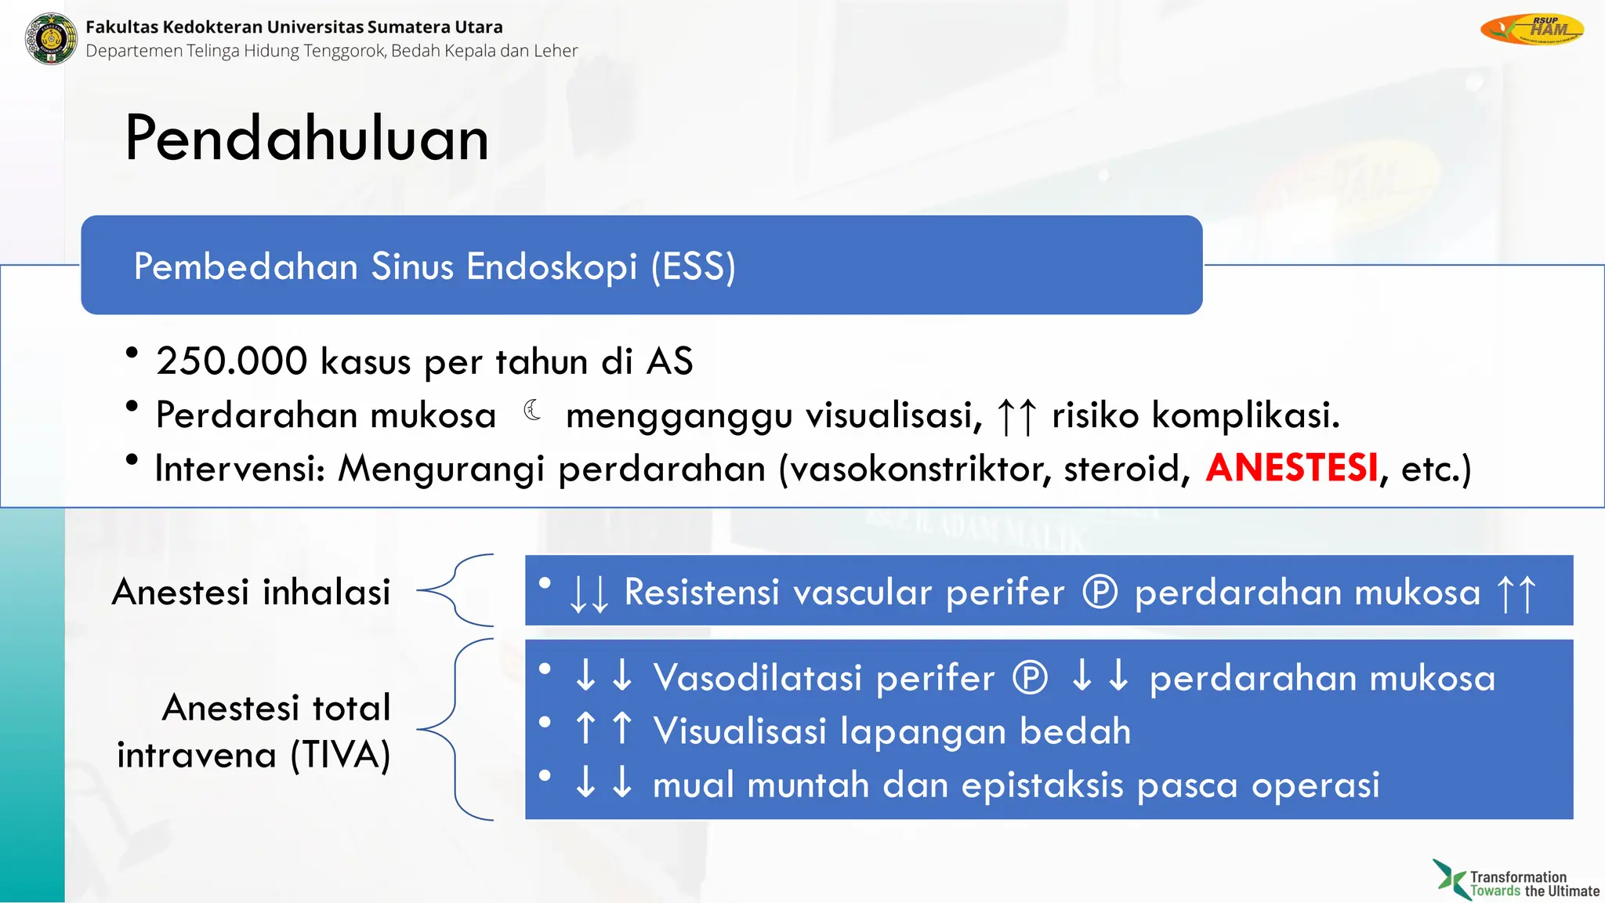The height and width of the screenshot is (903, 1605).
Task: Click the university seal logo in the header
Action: click(x=51, y=38)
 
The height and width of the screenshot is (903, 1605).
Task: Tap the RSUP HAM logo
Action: click(x=1531, y=30)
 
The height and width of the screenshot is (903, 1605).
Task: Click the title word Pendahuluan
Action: click(x=306, y=139)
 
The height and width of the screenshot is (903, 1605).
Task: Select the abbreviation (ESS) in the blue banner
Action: click(x=693, y=267)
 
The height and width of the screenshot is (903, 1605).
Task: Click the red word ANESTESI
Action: click(x=1292, y=468)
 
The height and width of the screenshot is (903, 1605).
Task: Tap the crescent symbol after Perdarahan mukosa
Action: click(x=532, y=410)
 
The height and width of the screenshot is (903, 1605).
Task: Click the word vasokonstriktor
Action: click(x=920, y=469)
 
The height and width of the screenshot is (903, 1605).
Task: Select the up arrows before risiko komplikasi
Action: click(x=1017, y=415)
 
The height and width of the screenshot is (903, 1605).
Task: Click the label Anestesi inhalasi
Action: click(x=251, y=592)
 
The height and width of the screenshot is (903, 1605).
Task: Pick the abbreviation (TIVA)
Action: click(x=340, y=755)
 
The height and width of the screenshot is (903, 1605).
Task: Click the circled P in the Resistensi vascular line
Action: click(x=1100, y=592)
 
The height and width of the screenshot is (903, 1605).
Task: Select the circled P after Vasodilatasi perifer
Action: click(x=1030, y=677)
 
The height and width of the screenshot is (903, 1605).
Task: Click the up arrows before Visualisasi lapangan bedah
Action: click(x=603, y=729)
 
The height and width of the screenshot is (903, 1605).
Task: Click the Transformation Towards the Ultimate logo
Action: click(x=1516, y=880)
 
